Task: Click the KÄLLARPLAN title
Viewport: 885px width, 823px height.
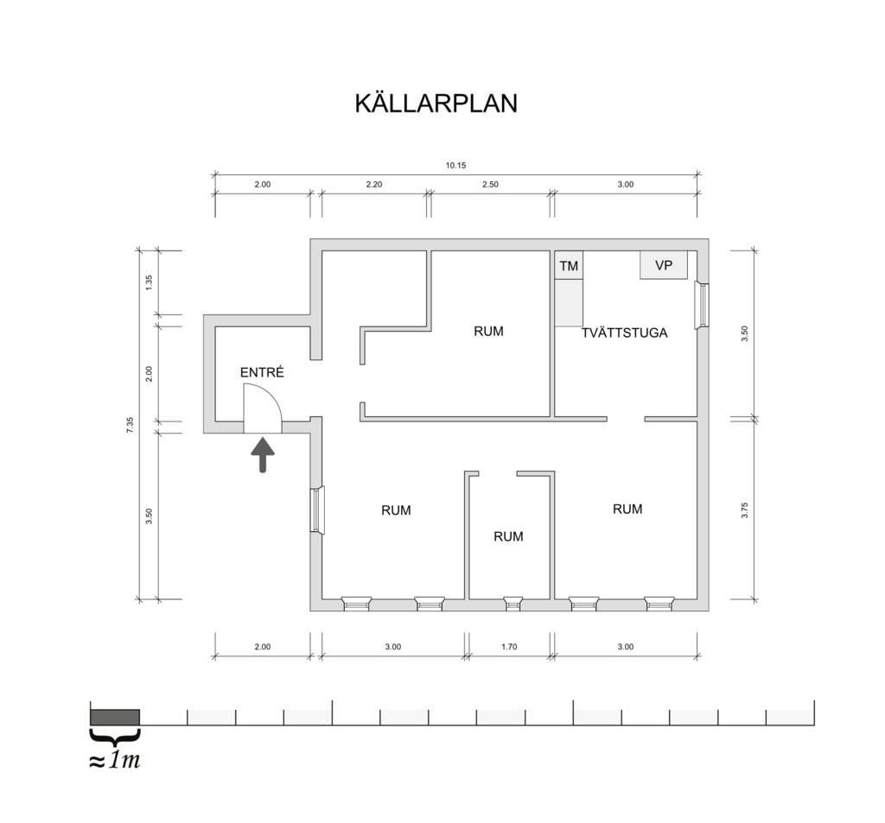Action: click(436, 104)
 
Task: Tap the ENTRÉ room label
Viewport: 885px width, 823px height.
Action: click(262, 372)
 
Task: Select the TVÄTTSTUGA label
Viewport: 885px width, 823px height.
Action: click(624, 332)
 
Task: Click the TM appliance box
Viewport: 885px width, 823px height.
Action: click(569, 265)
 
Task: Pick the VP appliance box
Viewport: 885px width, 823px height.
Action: click(664, 264)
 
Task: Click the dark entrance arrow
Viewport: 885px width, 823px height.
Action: click(263, 454)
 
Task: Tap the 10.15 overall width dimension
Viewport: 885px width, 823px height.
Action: click(456, 165)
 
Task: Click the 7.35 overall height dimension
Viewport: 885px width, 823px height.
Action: click(130, 424)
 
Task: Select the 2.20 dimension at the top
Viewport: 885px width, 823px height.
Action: click(374, 184)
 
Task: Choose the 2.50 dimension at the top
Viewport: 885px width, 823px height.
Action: click(491, 184)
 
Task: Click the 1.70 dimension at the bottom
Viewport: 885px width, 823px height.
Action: click(509, 647)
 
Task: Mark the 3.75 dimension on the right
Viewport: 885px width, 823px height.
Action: click(744, 510)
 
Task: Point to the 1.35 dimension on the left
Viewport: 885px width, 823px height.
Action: click(149, 282)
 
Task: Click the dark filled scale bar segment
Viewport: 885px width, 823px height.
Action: click(115, 717)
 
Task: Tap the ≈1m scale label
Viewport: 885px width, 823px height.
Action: click(115, 760)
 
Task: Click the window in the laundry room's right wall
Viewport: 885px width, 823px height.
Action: click(702, 305)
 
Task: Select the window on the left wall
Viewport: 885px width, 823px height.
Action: click(318, 510)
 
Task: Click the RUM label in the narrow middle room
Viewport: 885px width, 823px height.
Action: click(508, 536)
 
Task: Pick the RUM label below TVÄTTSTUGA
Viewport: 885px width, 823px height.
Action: click(627, 509)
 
